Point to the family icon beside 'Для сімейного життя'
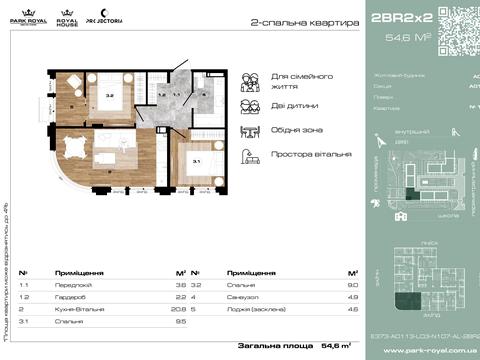tap(252, 80)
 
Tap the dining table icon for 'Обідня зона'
tap(252, 131)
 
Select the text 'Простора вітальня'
tap(311, 155)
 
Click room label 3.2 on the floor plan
tap(111, 96)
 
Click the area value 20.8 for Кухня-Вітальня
tap(181, 309)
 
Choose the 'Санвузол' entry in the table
tap(243, 298)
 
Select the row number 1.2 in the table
tap(23, 298)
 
